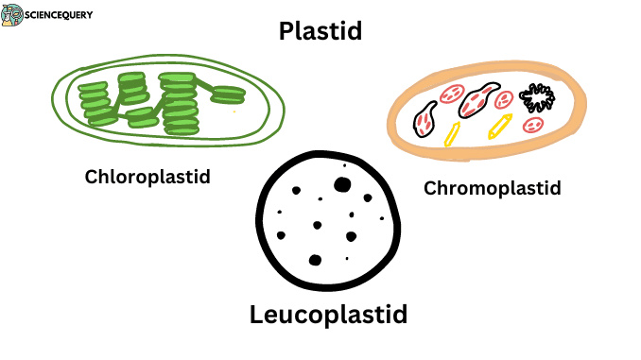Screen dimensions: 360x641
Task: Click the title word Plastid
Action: pos(320,32)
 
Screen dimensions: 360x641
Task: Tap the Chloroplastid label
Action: pos(147,176)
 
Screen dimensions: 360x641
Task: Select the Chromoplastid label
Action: pos(492,187)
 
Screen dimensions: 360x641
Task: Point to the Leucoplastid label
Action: pos(328,314)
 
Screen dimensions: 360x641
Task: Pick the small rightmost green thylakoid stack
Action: pos(228,94)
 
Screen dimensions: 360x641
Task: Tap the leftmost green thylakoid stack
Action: pos(95,103)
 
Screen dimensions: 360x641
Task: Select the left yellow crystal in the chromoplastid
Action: pos(453,133)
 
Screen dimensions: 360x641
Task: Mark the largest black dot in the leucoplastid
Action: pos(342,184)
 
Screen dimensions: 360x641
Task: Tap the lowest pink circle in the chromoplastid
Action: pos(532,125)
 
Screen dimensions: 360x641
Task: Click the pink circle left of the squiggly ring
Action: pos(505,98)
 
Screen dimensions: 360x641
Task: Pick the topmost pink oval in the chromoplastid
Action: pos(451,94)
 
